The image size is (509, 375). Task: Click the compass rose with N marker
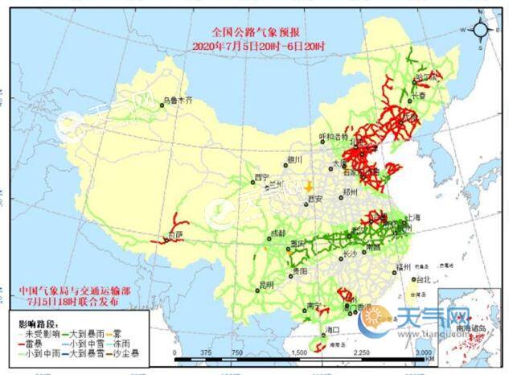click(480, 31)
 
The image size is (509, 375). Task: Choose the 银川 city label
click(294, 160)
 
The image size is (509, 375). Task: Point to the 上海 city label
click(414, 217)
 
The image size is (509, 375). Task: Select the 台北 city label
click(421, 280)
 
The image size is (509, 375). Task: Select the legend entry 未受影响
click(33, 332)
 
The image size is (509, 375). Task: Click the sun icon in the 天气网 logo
click(374, 319)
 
